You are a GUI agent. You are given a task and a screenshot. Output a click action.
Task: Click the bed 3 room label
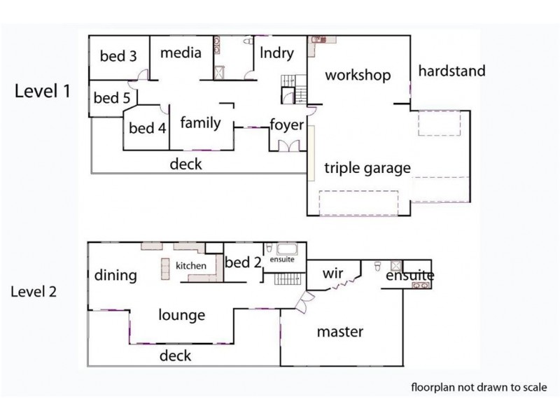click(118, 56)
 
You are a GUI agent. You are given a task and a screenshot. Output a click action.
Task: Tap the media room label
click(181, 53)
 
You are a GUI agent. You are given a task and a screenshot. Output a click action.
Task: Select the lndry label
click(276, 53)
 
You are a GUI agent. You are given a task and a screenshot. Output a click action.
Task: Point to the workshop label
click(358, 76)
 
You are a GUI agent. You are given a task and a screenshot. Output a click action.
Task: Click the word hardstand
click(451, 71)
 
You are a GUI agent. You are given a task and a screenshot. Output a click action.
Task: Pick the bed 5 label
click(112, 98)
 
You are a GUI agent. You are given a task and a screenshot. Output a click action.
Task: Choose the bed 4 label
click(148, 128)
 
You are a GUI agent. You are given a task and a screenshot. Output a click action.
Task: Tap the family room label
click(200, 122)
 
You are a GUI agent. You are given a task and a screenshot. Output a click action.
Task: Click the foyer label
click(287, 125)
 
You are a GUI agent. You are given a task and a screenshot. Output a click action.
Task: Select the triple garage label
click(367, 168)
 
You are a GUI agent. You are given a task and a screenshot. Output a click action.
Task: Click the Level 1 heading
click(43, 91)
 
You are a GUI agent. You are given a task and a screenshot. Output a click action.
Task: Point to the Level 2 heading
click(34, 291)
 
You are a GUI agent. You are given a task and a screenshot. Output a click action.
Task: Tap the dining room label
click(115, 275)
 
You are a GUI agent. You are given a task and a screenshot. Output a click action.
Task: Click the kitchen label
click(190, 265)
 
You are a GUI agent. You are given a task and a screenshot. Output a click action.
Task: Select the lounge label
click(182, 315)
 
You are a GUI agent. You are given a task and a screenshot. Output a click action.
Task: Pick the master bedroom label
click(340, 332)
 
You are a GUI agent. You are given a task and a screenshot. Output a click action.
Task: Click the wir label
click(333, 274)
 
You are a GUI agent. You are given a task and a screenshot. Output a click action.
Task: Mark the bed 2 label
click(243, 262)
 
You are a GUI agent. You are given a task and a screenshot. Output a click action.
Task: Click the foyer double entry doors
click(288, 146)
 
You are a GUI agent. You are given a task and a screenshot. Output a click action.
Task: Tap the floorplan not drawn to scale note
click(479, 387)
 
